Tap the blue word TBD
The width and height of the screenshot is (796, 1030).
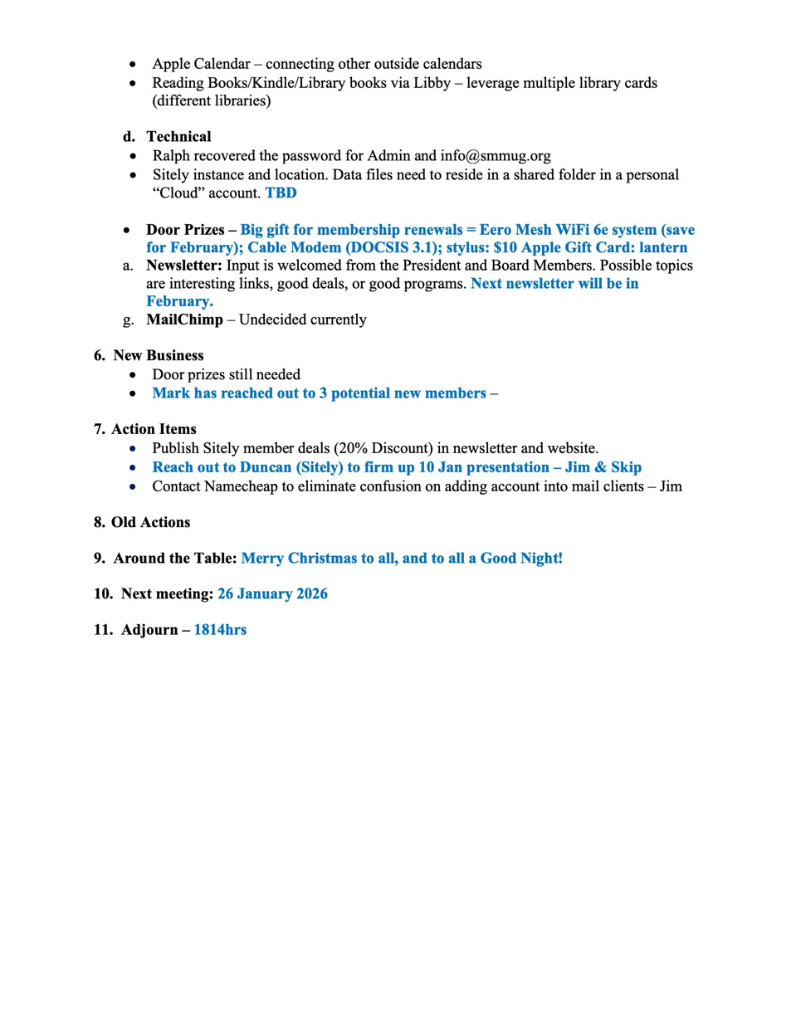[x=281, y=193]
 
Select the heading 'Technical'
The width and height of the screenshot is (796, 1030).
[x=178, y=137]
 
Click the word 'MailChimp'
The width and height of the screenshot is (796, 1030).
[x=184, y=320]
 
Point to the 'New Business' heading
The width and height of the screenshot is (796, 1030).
[x=158, y=355]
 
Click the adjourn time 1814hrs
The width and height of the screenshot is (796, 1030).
[x=220, y=630]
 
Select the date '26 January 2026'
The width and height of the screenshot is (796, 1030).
[x=272, y=594]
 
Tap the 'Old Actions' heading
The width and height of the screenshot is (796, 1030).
[x=150, y=523]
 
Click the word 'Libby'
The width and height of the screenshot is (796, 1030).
[x=432, y=83]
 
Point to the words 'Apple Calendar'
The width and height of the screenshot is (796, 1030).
[x=201, y=64]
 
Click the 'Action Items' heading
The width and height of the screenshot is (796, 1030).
[x=154, y=429]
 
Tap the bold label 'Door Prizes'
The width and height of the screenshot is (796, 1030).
[x=185, y=230]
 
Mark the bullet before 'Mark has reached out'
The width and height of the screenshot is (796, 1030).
[x=133, y=394]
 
